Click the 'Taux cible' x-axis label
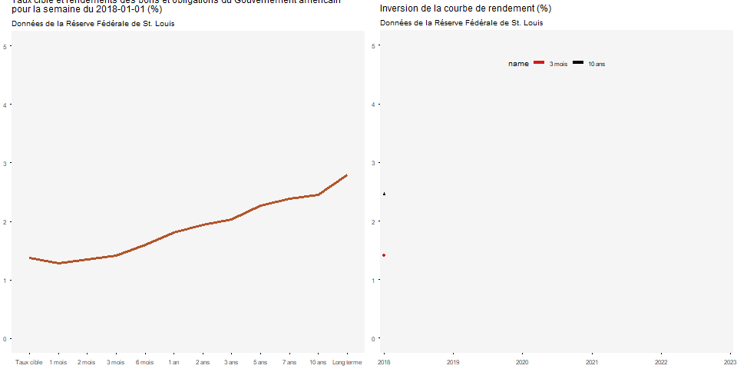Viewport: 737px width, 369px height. point(29,362)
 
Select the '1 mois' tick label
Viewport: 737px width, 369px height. point(58,362)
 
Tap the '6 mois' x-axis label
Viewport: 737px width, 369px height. point(144,362)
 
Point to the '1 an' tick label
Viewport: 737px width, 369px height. point(174,362)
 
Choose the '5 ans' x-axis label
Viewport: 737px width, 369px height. point(260,362)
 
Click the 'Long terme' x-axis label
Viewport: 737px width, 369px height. point(347,362)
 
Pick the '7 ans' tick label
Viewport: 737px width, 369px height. point(289,362)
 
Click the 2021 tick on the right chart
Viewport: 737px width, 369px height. point(592,362)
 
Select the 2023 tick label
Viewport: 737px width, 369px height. point(730,362)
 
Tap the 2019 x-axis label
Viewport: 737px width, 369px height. point(453,362)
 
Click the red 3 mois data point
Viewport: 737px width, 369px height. point(384,255)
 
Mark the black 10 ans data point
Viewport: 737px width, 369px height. point(384,194)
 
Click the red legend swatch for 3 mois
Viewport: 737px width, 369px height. point(539,62)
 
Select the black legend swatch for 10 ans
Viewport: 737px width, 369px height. point(577,62)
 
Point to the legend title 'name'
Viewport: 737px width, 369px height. point(518,64)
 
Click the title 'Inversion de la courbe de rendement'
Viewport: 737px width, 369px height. point(465,8)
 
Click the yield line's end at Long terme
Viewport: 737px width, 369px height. point(347,175)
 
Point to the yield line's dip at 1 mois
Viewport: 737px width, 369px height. point(58,264)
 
